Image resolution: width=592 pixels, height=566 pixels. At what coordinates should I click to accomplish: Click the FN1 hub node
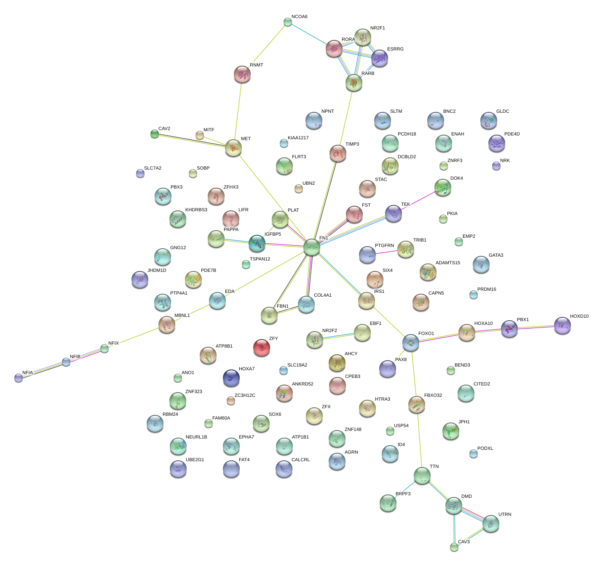(x=312, y=247)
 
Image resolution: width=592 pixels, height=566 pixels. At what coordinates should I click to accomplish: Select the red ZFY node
(x=262, y=348)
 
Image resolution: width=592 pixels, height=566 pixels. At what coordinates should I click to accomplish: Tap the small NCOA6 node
(x=288, y=22)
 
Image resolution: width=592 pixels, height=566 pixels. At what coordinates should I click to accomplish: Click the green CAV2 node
(x=155, y=134)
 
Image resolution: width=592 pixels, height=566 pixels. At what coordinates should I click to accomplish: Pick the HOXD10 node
(x=562, y=325)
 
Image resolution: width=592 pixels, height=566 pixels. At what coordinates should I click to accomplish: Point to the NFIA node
(x=19, y=377)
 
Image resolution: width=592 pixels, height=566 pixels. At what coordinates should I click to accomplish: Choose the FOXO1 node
(x=410, y=343)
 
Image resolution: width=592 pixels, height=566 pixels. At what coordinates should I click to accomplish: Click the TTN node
(x=422, y=476)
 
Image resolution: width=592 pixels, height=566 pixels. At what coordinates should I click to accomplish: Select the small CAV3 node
(x=454, y=547)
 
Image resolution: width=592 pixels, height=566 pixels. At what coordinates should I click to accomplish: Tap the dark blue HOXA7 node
(x=231, y=378)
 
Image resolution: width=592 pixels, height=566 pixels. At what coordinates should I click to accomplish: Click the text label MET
(x=246, y=139)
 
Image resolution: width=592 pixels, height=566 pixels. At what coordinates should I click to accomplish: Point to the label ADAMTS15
(x=447, y=263)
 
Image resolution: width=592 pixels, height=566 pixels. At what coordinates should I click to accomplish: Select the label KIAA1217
(x=298, y=138)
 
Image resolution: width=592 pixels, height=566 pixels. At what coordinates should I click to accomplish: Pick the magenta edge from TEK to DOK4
(x=418, y=200)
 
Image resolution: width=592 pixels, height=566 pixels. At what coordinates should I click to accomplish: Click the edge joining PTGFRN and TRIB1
(x=386, y=252)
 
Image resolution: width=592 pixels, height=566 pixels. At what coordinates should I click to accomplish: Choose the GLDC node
(x=488, y=120)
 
